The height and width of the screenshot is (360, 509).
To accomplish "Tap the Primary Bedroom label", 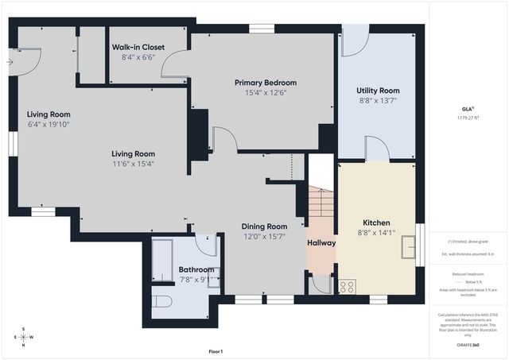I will coord(265,83).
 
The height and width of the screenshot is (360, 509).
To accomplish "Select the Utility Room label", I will coord(377,91).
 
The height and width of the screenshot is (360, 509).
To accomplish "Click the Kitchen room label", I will coord(376,223).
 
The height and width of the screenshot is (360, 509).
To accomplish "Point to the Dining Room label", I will coord(264,226).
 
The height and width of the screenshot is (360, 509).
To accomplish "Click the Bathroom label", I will coord(196,269).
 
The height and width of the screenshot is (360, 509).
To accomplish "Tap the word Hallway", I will coord(321,243).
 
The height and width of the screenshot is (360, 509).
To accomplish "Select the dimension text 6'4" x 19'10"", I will coord(49,123).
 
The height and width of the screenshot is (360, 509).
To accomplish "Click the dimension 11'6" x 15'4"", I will coord(133,164).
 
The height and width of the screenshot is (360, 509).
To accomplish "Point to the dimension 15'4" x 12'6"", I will coord(265,92).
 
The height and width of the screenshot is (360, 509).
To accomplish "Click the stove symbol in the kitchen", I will coord(347,286).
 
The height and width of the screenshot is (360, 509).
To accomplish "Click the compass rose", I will coord(24,336).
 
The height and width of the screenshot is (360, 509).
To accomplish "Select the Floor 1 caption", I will coord(216,351).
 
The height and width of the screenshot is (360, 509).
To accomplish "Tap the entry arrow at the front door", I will coord(10,60).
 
